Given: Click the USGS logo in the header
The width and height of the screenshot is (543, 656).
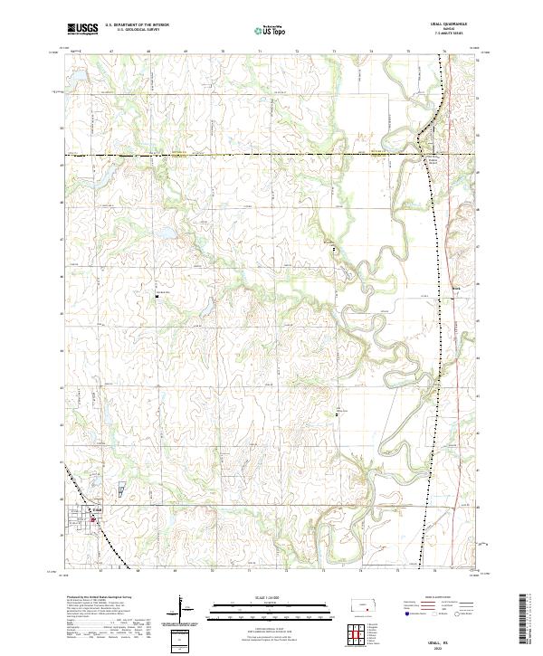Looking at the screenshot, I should point(82,29).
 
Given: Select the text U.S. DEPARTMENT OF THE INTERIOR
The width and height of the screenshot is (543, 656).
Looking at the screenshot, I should point(137,25).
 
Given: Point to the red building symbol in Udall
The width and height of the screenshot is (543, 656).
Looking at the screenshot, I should point(91,519).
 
